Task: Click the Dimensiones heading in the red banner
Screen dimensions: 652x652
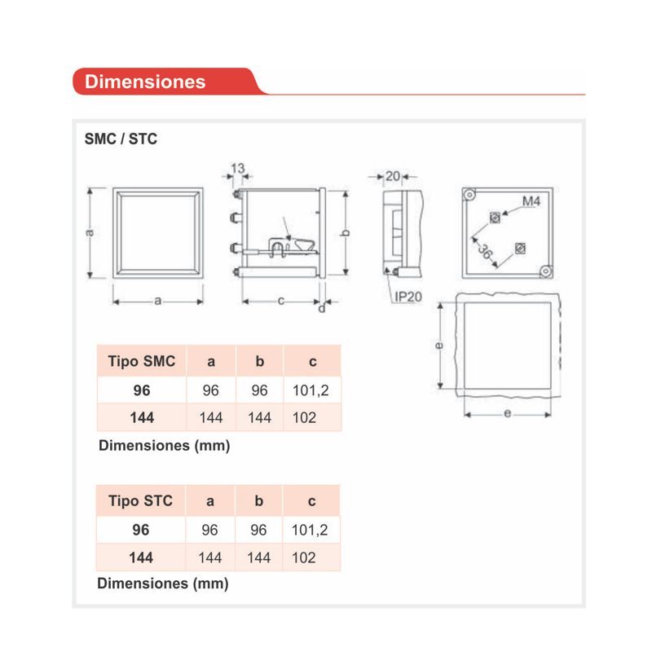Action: click(145, 81)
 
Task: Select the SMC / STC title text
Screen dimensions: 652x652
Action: click(121, 139)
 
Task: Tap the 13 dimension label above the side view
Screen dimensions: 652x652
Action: click(237, 169)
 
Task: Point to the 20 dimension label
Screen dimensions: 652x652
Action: click(393, 176)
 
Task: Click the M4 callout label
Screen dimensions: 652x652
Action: click(531, 201)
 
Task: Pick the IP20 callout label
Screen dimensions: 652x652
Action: click(408, 297)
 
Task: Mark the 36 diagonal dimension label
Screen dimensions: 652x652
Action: click(485, 252)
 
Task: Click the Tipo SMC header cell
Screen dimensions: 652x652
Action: click(142, 361)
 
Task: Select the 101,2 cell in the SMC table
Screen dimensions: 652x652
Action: click(311, 390)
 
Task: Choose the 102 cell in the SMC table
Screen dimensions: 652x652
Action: click(304, 417)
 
